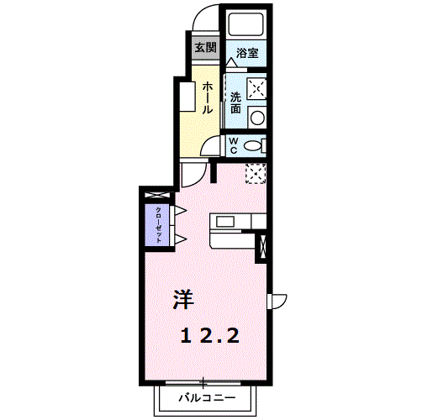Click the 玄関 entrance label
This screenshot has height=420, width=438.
point(206,48)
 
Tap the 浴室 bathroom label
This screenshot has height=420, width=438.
point(247,53)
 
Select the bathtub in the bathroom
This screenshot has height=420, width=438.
point(246,24)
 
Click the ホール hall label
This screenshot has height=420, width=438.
point(208,97)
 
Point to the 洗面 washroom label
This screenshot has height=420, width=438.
point(236,102)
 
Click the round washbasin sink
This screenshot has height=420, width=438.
point(257,118)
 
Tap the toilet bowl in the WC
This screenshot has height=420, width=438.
point(252,146)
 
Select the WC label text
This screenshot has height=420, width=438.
point(233,145)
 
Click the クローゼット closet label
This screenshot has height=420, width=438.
point(158,225)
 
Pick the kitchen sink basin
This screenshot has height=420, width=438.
point(224,222)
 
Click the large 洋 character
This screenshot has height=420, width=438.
point(183,299)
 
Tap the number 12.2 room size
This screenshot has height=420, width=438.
point(210,336)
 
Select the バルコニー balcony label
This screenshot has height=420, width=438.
point(207,397)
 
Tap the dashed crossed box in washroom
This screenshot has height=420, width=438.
point(256,89)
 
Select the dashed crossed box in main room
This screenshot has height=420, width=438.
point(256,174)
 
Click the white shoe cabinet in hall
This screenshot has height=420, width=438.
point(187,97)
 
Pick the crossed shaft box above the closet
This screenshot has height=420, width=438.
point(157,195)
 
